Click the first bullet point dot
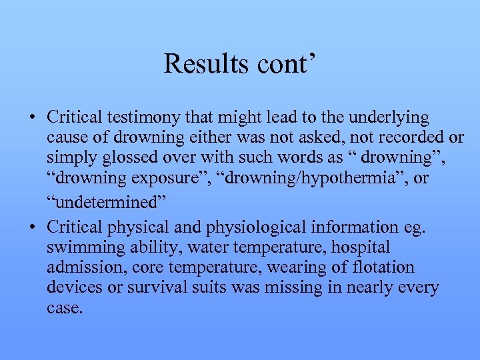[33, 119]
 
